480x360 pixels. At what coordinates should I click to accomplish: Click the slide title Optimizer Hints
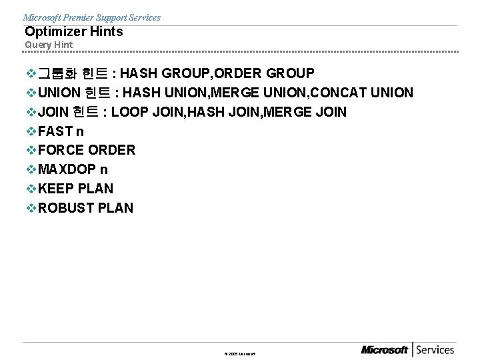tap(74, 31)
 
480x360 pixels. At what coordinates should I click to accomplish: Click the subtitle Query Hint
tap(49, 45)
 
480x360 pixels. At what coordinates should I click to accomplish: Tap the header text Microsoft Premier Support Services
tap(91, 17)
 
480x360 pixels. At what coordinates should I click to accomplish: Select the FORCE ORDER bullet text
tap(87, 150)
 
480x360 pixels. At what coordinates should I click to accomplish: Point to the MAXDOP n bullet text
tap(73, 169)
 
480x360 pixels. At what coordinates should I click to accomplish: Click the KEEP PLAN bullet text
tap(76, 189)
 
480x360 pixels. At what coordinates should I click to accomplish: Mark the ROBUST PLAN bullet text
tap(86, 208)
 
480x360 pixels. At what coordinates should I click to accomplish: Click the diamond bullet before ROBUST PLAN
tap(31, 208)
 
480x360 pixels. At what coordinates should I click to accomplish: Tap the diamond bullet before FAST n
tap(31, 131)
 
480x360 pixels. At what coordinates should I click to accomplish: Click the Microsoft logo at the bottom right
tap(385, 349)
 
